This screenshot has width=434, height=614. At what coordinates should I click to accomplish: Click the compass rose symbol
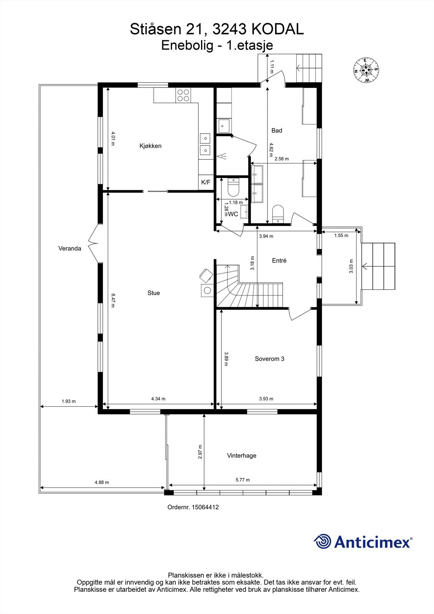pyautogui.click(x=366, y=70)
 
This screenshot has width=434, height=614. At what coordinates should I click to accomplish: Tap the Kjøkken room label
pyautogui.click(x=150, y=146)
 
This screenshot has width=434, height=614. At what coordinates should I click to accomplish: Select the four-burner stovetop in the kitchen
pyautogui.click(x=183, y=95)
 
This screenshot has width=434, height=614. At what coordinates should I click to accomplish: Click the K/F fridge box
pyautogui.click(x=206, y=182)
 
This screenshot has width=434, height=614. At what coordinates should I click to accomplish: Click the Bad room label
pyautogui.click(x=277, y=130)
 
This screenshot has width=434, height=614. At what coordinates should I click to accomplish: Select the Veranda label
pyautogui.click(x=69, y=248)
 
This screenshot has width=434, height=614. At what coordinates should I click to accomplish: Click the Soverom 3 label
pyautogui.click(x=269, y=359)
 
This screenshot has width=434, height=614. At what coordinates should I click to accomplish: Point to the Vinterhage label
pyautogui.click(x=241, y=456)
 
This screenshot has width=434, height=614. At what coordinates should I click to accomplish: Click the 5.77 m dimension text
pyautogui.click(x=243, y=480)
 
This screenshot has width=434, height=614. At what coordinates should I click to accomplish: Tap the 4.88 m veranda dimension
pyautogui.click(x=102, y=482)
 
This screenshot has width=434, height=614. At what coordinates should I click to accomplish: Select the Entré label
pyautogui.click(x=279, y=261)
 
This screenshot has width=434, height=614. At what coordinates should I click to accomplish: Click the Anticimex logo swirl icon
pyautogui.click(x=322, y=541)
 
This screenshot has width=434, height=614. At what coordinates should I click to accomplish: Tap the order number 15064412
pyautogui.click(x=206, y=507)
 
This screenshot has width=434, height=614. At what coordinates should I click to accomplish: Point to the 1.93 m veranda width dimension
pyautogui.click(x=69, y=401)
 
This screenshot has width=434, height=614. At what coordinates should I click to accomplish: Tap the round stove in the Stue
pyautogui.click(x=207, y=290)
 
